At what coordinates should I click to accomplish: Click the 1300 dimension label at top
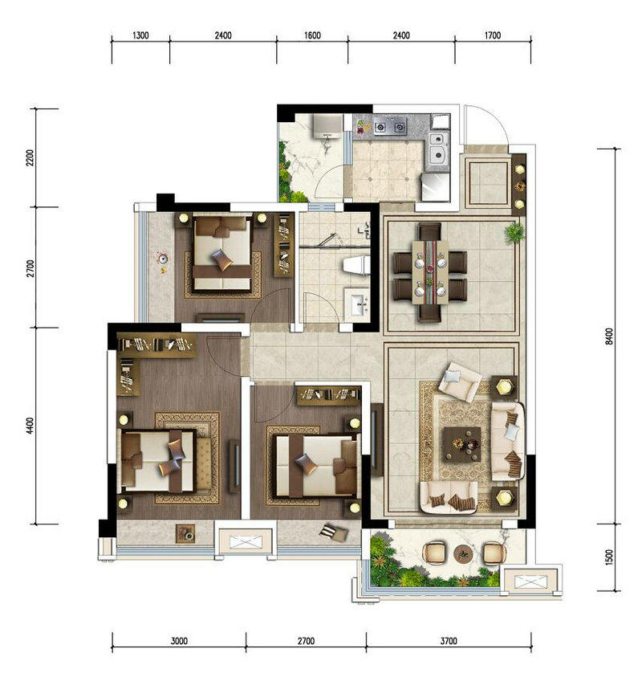[140, 35]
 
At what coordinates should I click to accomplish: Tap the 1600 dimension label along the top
[312, 35]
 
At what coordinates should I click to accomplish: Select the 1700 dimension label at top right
[492, 35]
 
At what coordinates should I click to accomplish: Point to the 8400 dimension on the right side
[609, 337]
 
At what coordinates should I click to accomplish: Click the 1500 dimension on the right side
[609, 557]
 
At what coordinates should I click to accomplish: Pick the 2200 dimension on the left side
[30, 157]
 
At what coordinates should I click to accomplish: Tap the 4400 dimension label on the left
[30, 426]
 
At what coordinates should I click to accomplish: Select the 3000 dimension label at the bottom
[179, 641]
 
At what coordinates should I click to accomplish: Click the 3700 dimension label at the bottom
[449, 641]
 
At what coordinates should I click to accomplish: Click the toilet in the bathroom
[357, 265]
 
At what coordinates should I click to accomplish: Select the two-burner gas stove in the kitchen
[390, 127]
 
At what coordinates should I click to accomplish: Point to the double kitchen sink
[438, 148]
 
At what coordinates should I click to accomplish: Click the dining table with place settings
[430, 272]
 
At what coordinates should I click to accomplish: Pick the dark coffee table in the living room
[461, 444]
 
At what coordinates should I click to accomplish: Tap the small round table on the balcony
[463, 553]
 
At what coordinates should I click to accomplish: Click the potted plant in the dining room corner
[514, 233]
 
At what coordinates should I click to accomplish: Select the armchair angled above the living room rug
[460, 381]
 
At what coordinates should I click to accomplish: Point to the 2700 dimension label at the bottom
[306, 641]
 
